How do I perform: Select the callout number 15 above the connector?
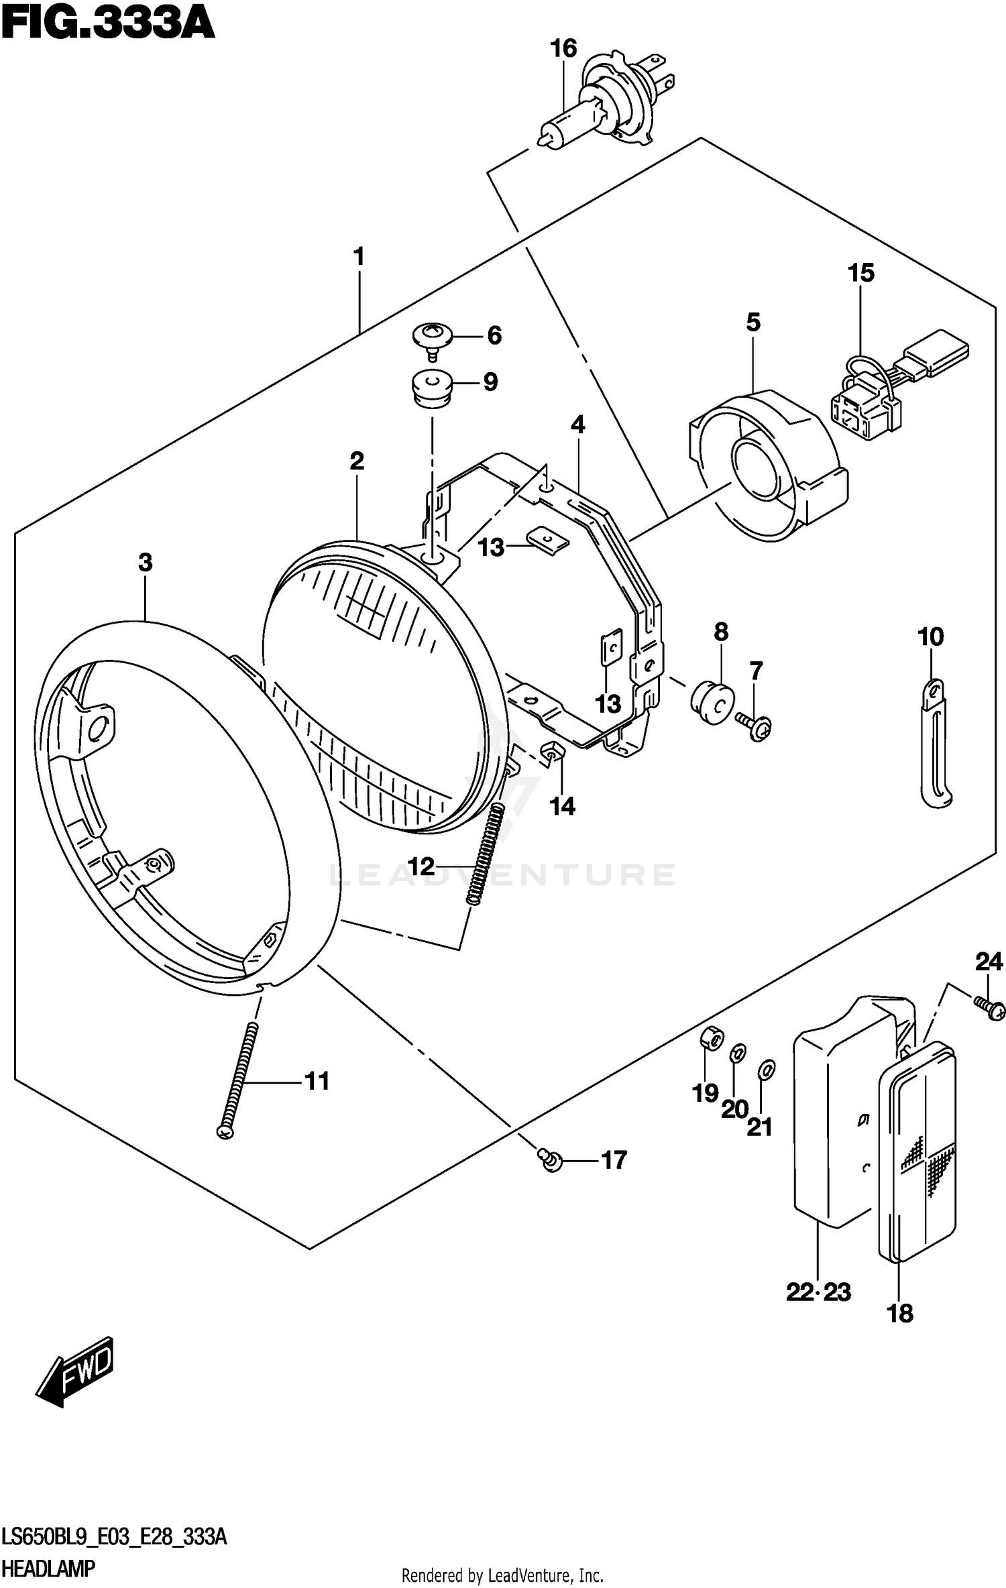(x=860, y=273)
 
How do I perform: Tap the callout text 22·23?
(x=818, y=1291)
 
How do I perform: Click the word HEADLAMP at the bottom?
(x=48, y=1569)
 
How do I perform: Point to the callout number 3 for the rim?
(x=146, y=563)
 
